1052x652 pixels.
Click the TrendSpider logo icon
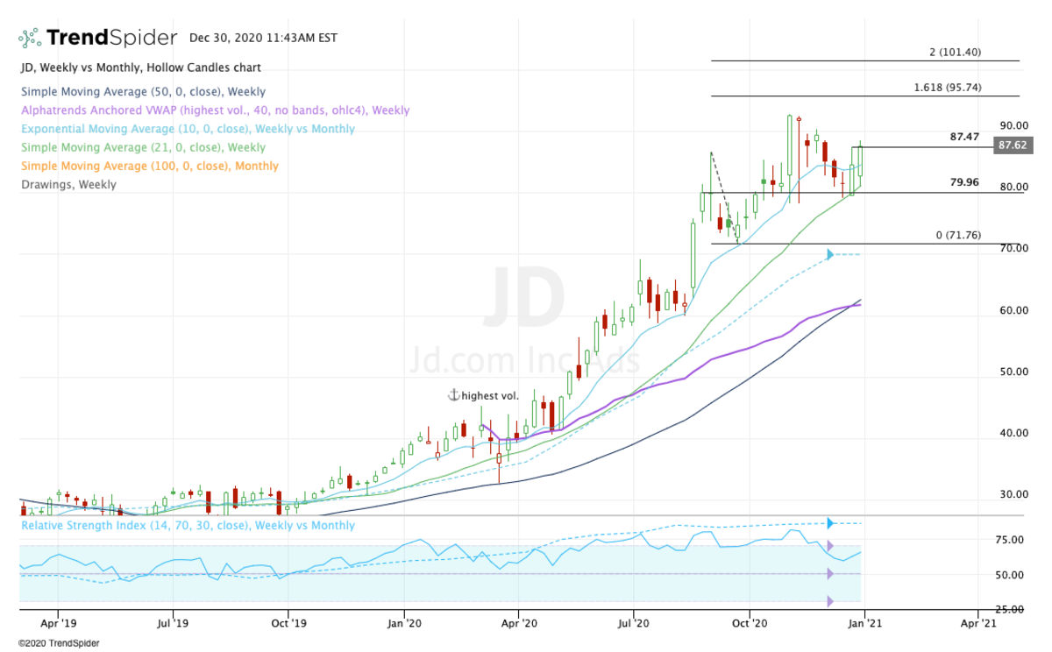[29, 38]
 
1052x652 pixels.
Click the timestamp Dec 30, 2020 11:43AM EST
[263, 39]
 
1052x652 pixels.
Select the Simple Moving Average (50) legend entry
[143, 92]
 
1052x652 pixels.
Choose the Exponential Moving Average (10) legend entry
[188, 129]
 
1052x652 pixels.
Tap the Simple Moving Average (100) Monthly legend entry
[149, 166]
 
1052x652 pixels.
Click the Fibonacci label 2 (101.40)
[955, 53]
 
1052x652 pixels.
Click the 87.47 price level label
[965, 138]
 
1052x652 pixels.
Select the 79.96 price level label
[965, 182]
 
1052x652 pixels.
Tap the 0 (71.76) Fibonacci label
[956, 236]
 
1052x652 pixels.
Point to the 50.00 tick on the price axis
[1013, 372]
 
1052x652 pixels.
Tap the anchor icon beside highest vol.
[453, 395]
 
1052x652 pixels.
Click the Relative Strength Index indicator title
[188, 526]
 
